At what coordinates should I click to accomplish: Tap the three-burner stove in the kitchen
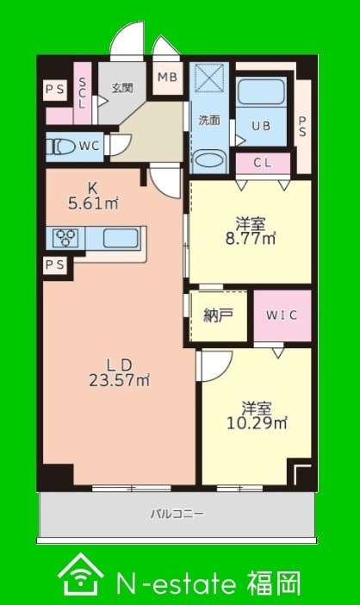click(65, 237)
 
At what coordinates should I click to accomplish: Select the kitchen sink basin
click(121, 238)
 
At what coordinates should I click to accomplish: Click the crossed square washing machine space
click(209, 78)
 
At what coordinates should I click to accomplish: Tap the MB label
click(168, 77)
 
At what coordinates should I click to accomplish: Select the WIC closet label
click(282, 315)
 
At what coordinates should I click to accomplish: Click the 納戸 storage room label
click(218, 315)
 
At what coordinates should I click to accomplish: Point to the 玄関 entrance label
click(122, 88)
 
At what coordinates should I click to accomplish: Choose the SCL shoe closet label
click(82, 93)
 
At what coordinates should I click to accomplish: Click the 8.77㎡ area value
click(251, 239)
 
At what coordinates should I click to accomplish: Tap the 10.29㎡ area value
click(257, 424)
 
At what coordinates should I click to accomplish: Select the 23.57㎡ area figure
click(120, 381)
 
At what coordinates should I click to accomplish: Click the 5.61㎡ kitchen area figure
click(93, 203)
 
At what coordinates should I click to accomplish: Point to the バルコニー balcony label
click(177, 514)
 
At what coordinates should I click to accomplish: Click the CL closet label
click(263, 163)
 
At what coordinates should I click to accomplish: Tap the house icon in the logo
click(81, 574)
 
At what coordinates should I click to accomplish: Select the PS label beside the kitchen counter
click(55, 265)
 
